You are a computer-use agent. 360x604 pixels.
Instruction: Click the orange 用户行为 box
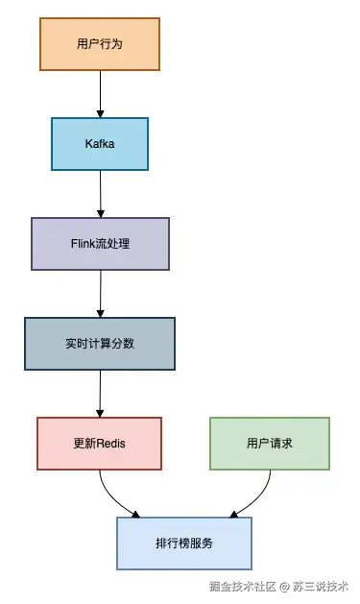[100, 44]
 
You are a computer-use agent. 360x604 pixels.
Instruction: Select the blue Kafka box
[100, 144]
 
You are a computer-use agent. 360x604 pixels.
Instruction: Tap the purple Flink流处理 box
[100, 243]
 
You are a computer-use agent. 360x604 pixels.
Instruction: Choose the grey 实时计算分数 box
[100, 343]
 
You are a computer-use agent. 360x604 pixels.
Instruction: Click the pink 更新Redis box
[100, 443]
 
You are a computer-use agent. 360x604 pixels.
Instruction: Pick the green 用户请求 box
[269, 443]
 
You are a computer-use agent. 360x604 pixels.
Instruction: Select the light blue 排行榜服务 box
[184, 543]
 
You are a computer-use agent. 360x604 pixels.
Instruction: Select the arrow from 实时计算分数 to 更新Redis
[100, 393]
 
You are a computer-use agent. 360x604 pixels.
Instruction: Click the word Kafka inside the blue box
[100, 144]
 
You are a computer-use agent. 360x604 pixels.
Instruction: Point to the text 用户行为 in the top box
[100, 44]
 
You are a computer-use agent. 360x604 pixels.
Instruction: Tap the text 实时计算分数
[100, 343]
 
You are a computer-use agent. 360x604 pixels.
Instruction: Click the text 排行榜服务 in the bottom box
[184, 543]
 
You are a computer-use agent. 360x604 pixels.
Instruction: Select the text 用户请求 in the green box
[269, 443]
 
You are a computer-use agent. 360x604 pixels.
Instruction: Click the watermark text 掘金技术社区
[243, 585]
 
